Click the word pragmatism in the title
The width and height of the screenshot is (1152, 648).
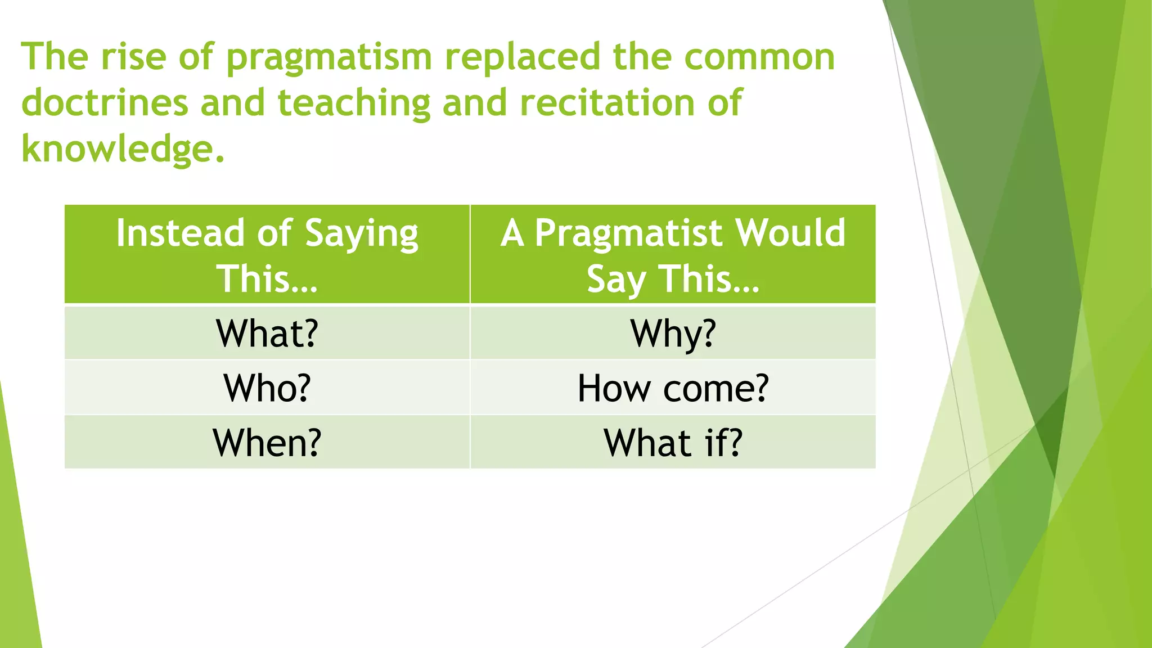point(329,58)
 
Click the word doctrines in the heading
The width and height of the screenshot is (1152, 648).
point(105,103)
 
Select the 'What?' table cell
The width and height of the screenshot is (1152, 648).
point(267,333)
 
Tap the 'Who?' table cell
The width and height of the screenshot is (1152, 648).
point(267,388)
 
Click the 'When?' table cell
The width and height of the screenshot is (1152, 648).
point(267,443)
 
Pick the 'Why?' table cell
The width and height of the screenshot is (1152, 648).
point(673,333)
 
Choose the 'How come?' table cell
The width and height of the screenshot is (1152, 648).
point(673,388)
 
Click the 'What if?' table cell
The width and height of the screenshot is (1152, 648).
point(673,443)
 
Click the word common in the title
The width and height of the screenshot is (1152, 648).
point(759,58)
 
